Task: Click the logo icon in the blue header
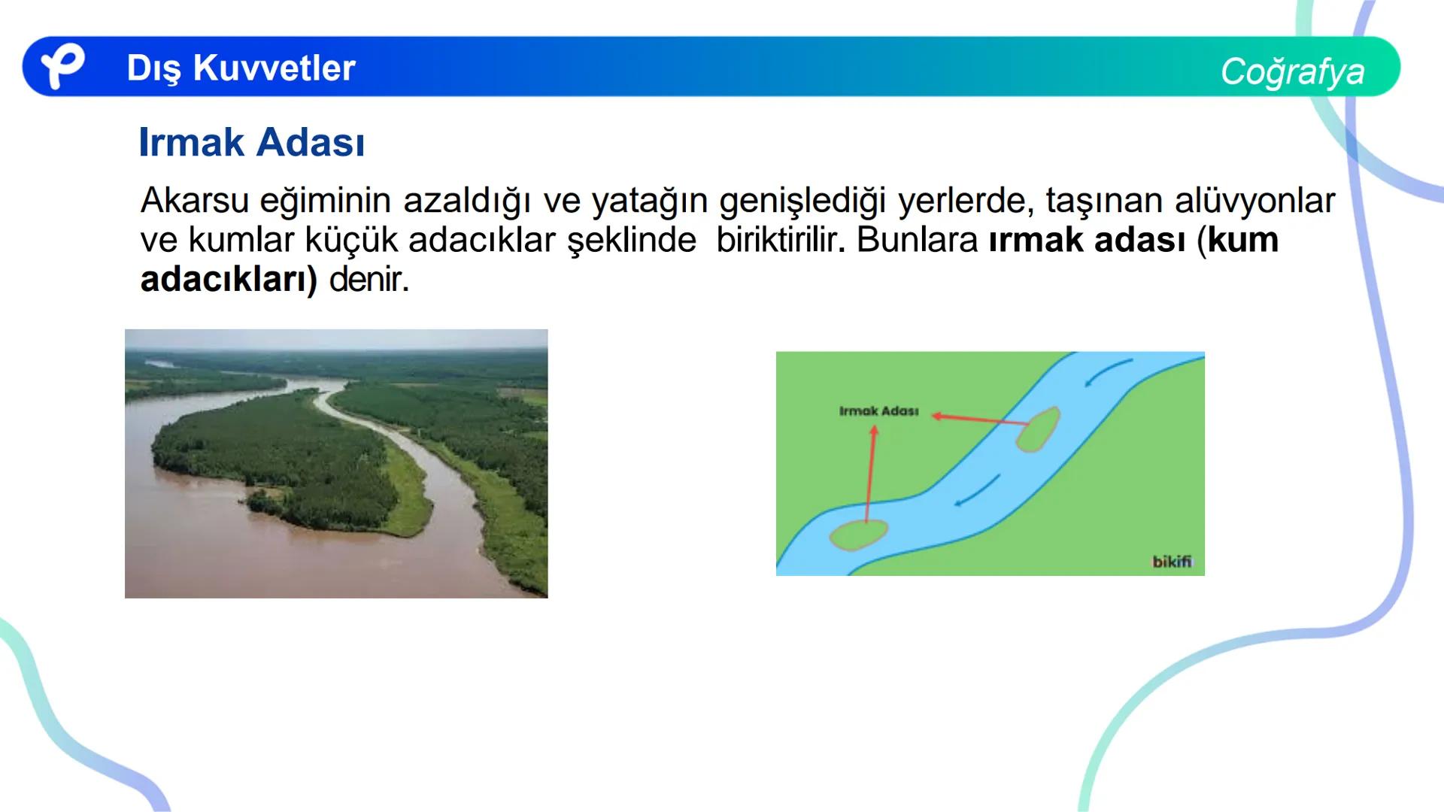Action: (61, 66)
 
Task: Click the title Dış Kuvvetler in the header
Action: (241, 68)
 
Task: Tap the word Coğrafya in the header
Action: (1291, 71)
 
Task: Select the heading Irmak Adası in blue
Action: (251, 142)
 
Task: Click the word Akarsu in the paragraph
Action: (194, 201)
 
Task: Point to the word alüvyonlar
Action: (1254, 201)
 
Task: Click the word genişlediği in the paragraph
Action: (803, 201)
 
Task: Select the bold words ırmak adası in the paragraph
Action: (1087, 241)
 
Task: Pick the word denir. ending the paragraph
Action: (369, 280)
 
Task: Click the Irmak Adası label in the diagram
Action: (878, 411)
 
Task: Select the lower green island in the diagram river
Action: (858, 535)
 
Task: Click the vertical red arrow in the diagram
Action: (870, 474)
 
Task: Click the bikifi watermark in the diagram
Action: (1171, 562)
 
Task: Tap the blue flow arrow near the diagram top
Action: (1108, 372)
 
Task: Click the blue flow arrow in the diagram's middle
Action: (976, 492)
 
